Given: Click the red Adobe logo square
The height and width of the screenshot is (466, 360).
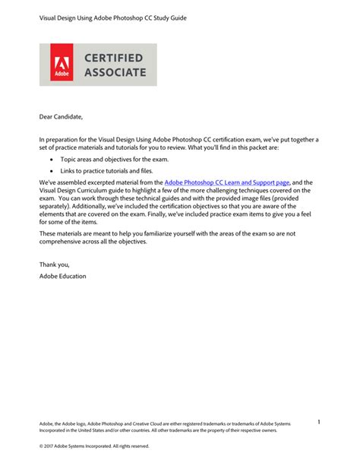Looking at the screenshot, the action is pyautogui.click(x=62, y=65).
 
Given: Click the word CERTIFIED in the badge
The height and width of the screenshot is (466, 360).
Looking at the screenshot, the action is pyautogui.click(x=116, y=56).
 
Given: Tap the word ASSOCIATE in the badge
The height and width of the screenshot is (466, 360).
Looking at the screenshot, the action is pyautogui.click(x=116, y=73).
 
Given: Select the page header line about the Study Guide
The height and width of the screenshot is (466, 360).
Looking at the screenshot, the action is pyautogui.click(x=113, y=16).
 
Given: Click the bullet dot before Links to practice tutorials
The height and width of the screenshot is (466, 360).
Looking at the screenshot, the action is pyautogui.click(x=52, y=173).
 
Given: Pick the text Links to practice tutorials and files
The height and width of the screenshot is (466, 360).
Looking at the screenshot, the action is pyautogui.click(x=106, y=173).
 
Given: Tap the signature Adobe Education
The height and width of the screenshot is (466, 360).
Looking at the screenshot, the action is pyautogui.click(x=62, y=275).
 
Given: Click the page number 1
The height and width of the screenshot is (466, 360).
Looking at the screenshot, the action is pyautogui.click(x=319, y=422).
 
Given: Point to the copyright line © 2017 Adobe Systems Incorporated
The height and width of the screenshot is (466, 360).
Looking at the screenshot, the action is pyautogui.click(x=94, y=446).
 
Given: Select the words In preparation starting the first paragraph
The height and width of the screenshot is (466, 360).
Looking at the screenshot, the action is pyautogui.click(x=59, y=139).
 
